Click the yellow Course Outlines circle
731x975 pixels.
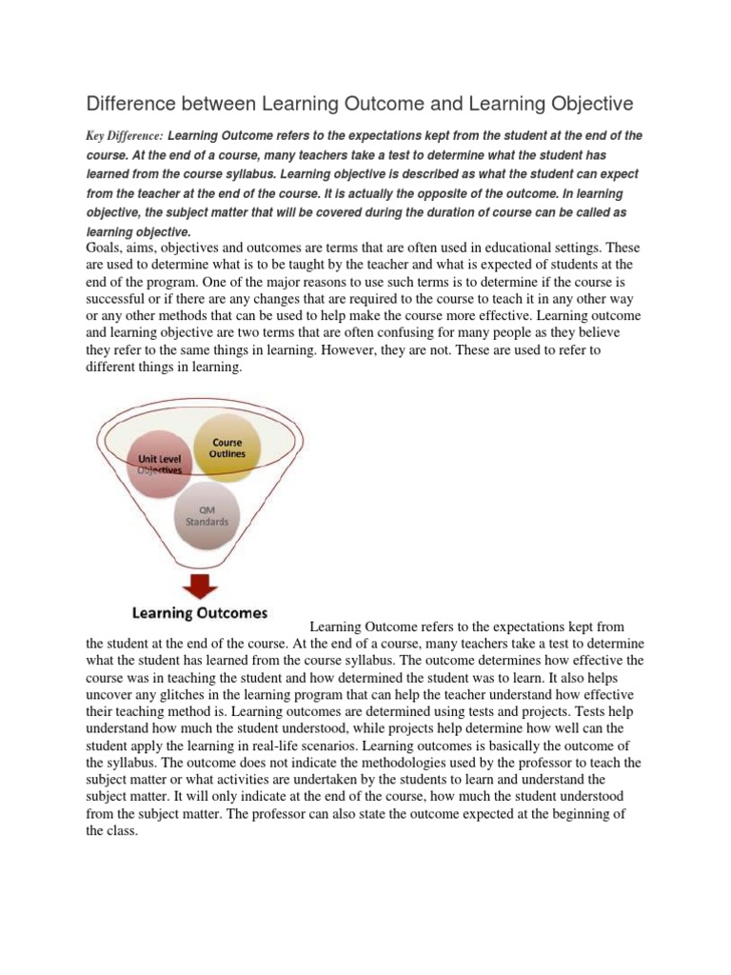pyautogui.click(x=227, y=448)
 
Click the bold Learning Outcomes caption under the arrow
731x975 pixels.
pyautogui.click(x=198, y=613)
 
